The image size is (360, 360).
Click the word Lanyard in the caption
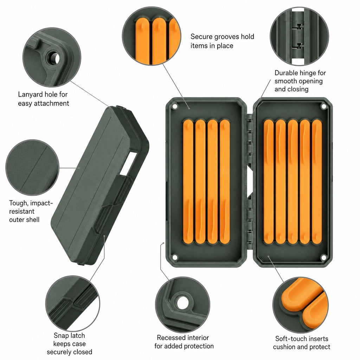[30, 95]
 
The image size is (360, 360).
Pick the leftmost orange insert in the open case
[188, 182]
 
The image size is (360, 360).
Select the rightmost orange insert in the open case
[317, 182]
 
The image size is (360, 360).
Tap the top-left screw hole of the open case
[175, 107]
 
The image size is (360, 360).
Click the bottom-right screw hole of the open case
[323, 257]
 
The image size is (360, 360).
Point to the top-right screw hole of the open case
[324, 106]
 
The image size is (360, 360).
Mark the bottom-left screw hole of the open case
[175, 257]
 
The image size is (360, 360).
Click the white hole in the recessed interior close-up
[183, 303]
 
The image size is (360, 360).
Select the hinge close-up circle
[300, 36]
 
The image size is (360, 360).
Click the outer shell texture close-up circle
[32, 168]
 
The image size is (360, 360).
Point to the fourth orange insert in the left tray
[225, 182]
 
